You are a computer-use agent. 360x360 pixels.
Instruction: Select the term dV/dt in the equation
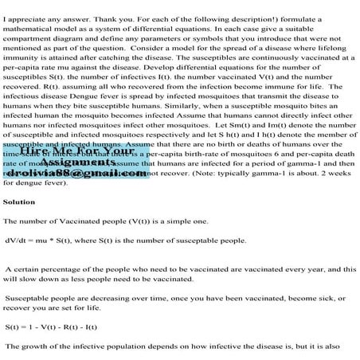pyautogui.click(x=18, y=240)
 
